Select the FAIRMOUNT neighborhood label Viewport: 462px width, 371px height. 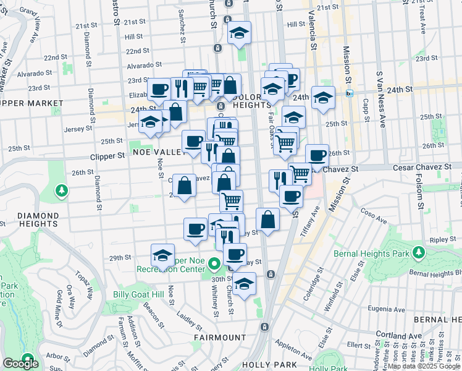(219, 338)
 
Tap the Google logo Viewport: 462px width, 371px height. (20, 364)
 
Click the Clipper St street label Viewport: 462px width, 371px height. (107, 157)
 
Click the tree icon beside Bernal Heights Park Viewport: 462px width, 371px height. (419, 252)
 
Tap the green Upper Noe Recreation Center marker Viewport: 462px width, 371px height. (214, 266)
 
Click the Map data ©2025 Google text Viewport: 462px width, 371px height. (423, 366)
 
